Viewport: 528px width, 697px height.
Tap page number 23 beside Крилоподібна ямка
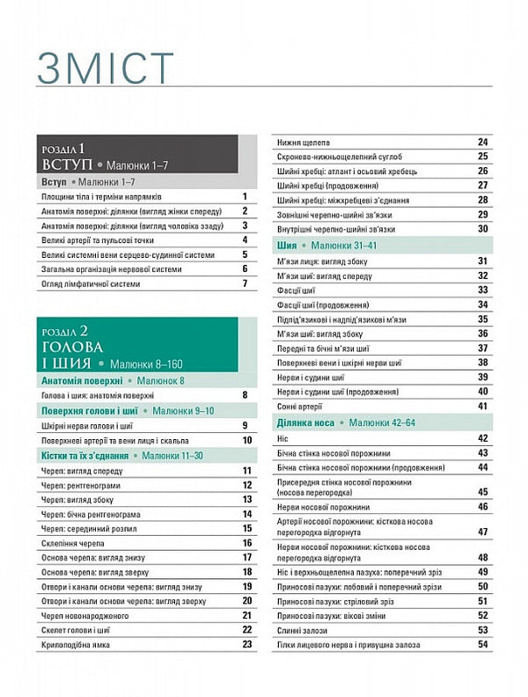(246, 644)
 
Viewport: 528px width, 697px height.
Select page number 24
(482, 142)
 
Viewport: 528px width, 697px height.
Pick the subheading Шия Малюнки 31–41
(326, 245)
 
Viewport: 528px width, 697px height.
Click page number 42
(482, 437)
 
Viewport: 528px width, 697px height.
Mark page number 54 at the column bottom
(482, 645)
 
